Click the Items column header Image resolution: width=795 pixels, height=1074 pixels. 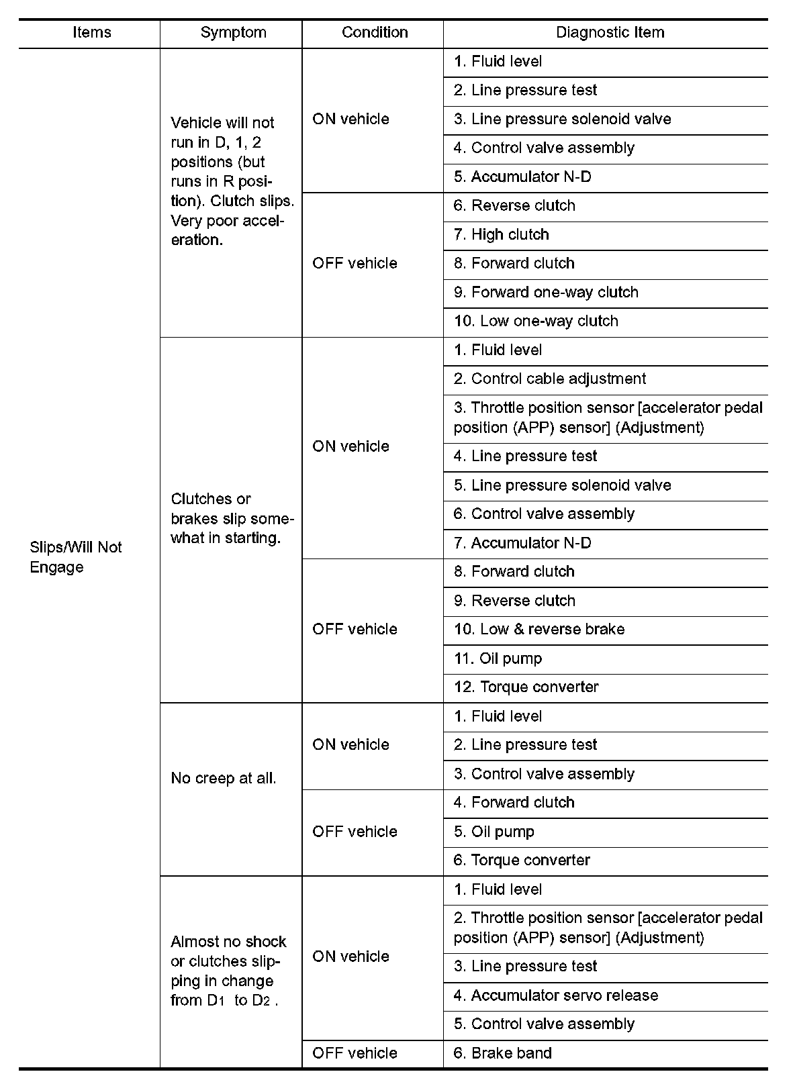pos(91,33)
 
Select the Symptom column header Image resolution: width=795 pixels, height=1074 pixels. pos(233,33)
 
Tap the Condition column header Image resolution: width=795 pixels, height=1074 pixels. pos(374,33)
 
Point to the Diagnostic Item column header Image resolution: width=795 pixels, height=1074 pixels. pos(610,33)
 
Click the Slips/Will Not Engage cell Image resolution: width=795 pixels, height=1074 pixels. pos(76,557)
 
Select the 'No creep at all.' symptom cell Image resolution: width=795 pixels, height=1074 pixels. pos(224,779)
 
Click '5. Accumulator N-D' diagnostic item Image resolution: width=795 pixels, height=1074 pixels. pos(522,177)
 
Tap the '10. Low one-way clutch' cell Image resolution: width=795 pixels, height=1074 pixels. pos(536,322)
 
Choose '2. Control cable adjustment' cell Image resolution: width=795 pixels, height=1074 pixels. pos(549,379)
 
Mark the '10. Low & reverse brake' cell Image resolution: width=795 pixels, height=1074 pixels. pos(539,630)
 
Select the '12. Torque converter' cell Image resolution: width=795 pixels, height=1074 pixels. pos(526,687)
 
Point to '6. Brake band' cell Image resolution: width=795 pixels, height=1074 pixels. pos(502,1053)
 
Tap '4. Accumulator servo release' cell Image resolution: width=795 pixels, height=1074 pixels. pos(555,995)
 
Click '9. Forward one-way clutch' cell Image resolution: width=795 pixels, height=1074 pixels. pos(546,293)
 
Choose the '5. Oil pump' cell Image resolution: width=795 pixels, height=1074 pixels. pos(494,832)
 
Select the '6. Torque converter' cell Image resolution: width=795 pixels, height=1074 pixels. pos(522,861)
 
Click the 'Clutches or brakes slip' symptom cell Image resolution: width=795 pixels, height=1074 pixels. pos(232,519)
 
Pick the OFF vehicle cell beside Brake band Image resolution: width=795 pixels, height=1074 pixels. pos(355,1053)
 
